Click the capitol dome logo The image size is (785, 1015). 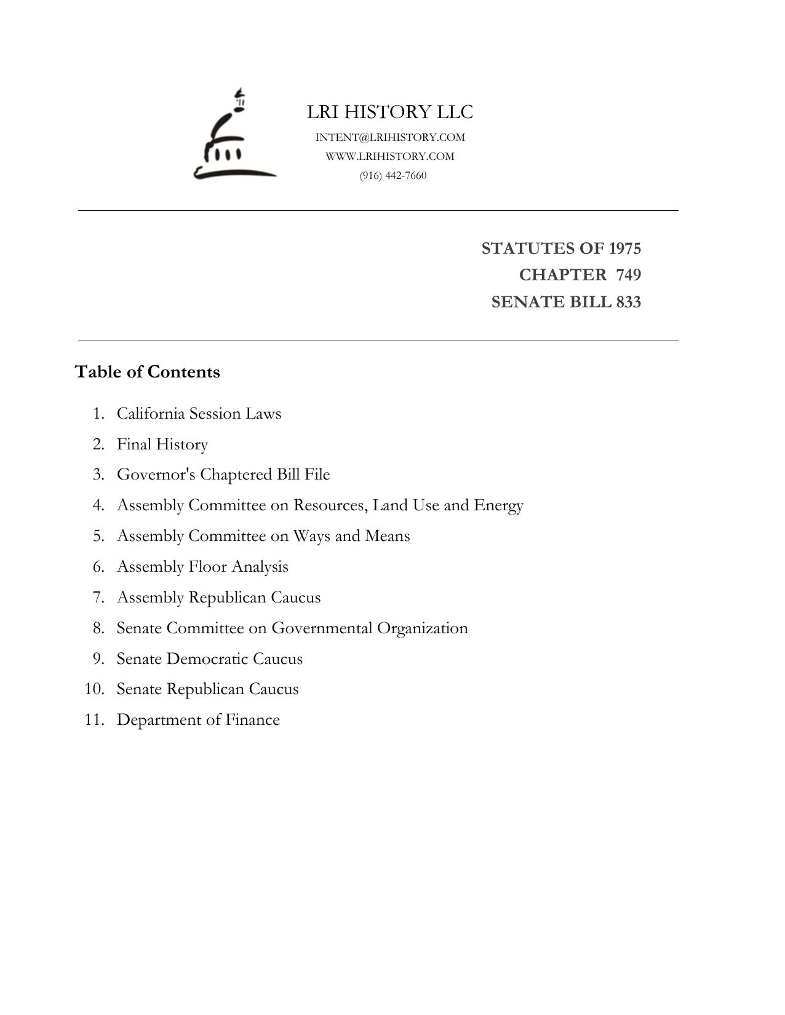[234, 136]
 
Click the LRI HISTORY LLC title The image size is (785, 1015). [390, 112]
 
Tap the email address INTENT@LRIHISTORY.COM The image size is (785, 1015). [390, 137]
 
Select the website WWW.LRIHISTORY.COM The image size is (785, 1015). [390, 156]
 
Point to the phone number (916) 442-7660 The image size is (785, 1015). [393, 175]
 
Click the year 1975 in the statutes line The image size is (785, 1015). [624, 248]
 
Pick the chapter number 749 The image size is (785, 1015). [628, 275]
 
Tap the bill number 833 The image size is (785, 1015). [628, 302]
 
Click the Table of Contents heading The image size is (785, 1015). [147, 372]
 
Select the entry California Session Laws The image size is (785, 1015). [199, 413]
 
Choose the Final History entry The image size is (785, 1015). [162, 444]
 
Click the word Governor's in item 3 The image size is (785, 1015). [156, 475]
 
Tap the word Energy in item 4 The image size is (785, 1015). [498, 505]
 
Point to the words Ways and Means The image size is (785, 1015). [351, 536]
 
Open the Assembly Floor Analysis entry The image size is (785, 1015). [202, 567]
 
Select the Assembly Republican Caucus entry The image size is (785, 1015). [218, 598]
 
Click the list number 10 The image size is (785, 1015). [94, 689]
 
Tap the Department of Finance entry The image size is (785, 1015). [198, 720]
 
